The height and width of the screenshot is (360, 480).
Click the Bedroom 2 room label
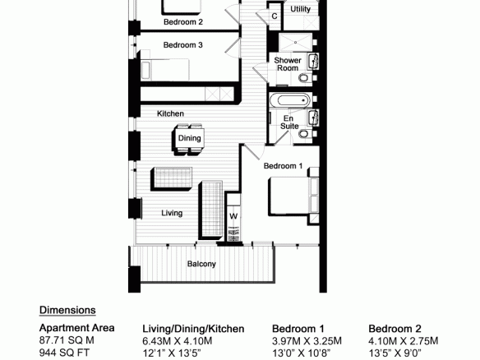(183, 22)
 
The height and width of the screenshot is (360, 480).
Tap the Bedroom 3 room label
(182, 45)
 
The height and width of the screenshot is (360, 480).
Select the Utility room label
(300, 9)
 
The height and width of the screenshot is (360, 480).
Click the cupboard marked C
(275, 16)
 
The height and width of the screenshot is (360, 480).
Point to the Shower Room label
(288, 64)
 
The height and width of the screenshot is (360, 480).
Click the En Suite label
(289, 122)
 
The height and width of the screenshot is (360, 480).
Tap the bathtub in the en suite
(290, 100)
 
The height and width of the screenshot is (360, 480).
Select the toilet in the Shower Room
(303, 78)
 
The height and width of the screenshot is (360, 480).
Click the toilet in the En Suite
(303, 134)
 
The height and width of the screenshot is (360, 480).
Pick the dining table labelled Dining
(190, 138)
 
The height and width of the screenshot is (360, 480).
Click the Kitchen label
(170, 113)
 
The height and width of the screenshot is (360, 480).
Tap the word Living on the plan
(172, 213)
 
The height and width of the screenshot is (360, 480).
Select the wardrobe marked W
(233, 217)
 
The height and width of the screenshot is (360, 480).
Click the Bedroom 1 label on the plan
(284, 166)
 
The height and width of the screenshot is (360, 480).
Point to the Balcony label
(201, 264)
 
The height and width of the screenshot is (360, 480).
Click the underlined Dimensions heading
(67, 310)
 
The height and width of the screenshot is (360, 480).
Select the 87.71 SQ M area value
(67, 340)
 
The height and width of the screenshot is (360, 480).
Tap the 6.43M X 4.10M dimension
(178, 341)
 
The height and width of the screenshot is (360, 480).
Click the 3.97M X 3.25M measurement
(307, 341)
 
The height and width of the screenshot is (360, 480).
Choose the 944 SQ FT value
(64, 353)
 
